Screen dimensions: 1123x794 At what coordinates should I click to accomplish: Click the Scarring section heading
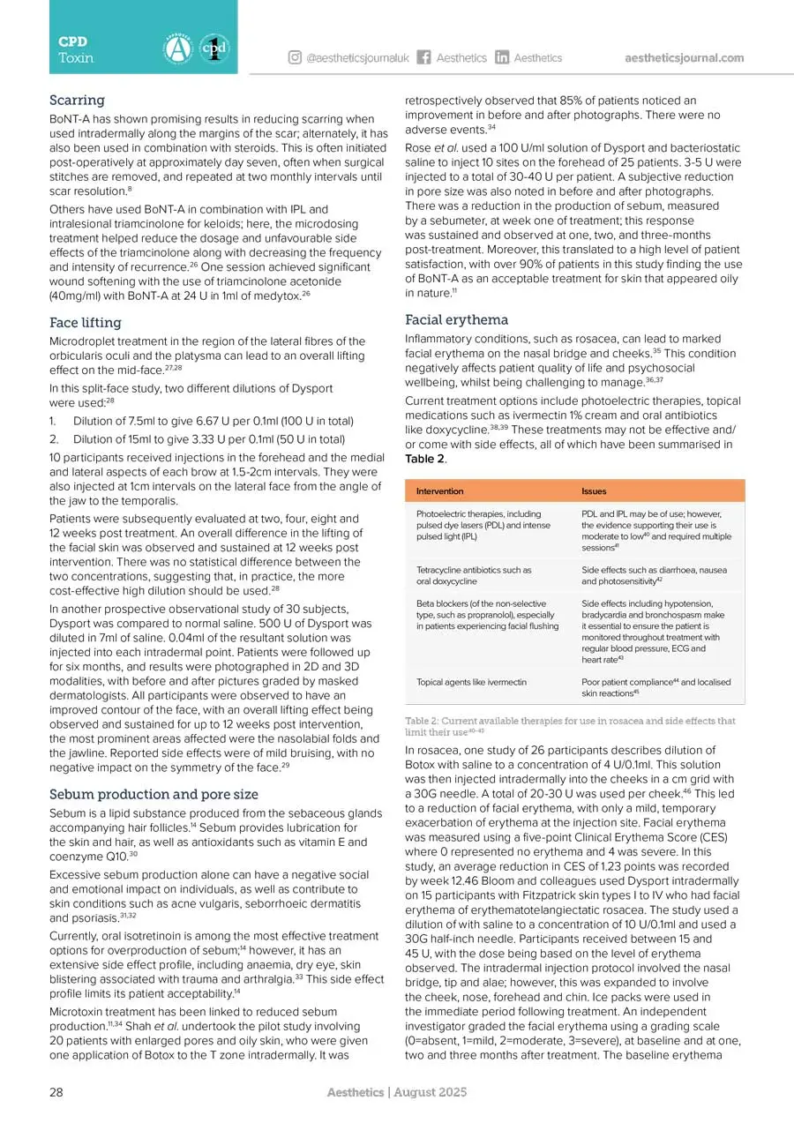coord(76,100)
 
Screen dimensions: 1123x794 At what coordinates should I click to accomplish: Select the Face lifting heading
coord(86,322)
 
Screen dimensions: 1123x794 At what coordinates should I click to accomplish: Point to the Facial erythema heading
coord(456,319)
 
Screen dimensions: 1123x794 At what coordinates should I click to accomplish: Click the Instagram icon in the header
coord(295,58)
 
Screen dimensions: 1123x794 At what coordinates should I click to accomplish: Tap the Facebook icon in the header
coord(423,58)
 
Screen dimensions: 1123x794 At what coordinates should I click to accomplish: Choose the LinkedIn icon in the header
coord(502,58)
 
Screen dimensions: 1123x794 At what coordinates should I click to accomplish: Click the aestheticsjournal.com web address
coord(684,58)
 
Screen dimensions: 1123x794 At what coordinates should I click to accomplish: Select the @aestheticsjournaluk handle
coord(357,58)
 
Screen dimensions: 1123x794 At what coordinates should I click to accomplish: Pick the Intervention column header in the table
coord(439,490)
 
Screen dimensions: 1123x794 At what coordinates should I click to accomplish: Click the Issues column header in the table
coord(594,490)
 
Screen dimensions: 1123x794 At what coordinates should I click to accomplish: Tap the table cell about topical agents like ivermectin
coord(471,682)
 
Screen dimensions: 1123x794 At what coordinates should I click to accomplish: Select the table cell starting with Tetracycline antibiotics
coord(474,575)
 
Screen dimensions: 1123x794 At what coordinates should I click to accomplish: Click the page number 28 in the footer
coord(56,1092)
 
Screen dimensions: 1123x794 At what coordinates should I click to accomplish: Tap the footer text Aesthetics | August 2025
coord(396,1092)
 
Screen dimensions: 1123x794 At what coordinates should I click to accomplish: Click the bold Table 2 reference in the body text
coord(423,460)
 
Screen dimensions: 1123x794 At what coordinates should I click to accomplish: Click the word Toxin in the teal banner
coord(76,57)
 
